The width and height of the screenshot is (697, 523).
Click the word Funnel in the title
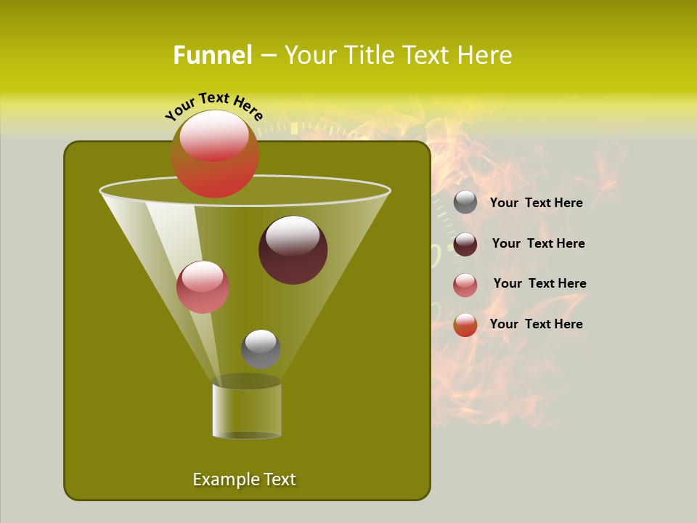(212, 55)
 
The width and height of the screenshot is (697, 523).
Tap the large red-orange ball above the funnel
(215, 154)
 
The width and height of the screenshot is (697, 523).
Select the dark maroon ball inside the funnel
(293, 250)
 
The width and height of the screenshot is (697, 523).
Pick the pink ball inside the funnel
(203, 287)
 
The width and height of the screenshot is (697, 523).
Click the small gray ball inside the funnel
(261, 349)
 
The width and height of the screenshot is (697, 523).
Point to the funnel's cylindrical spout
(247, 410)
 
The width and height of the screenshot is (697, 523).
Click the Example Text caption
(245, 479)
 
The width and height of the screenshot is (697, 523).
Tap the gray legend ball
(465, 203)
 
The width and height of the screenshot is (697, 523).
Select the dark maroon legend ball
(465, 244)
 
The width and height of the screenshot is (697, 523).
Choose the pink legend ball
(465, 285)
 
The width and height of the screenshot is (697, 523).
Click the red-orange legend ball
(465, 325)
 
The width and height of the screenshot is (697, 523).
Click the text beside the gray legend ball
(537, 203)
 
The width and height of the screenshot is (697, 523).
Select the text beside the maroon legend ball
(538, 243)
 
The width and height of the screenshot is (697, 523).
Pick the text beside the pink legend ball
(539, 283)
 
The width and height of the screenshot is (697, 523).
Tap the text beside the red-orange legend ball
(537, 324)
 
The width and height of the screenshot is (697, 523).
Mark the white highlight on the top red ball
(214, 136)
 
